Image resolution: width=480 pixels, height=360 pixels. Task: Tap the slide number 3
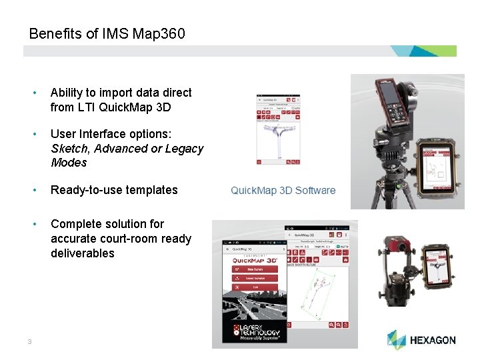30,342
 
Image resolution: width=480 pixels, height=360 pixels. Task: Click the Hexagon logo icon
396,339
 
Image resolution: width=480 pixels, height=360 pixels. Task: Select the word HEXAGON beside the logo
433,340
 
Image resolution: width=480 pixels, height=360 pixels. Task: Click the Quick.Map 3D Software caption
283,191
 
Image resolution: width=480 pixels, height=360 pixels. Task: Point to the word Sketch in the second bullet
67,149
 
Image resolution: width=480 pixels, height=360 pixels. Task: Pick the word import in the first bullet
116,93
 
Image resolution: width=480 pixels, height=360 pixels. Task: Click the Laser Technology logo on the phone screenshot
256,331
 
